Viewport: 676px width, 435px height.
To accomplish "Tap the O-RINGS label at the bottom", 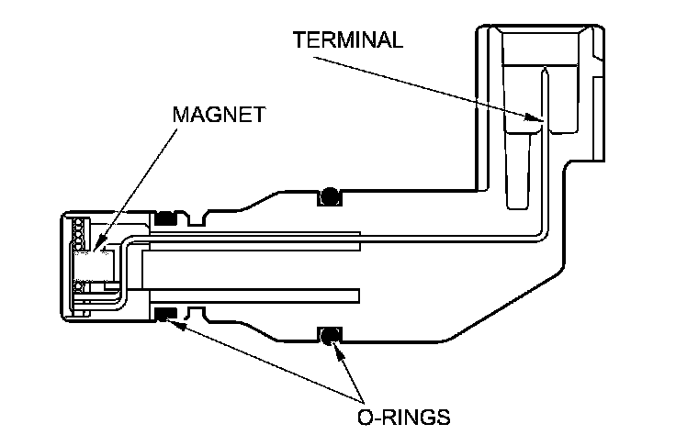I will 403,417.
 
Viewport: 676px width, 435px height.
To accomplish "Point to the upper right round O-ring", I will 328,195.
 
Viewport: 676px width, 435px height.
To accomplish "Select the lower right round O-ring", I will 328,335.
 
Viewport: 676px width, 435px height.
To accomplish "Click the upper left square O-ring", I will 165,218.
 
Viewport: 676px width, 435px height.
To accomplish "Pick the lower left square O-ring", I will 165,316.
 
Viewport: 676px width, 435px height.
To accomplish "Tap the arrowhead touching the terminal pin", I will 534,119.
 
